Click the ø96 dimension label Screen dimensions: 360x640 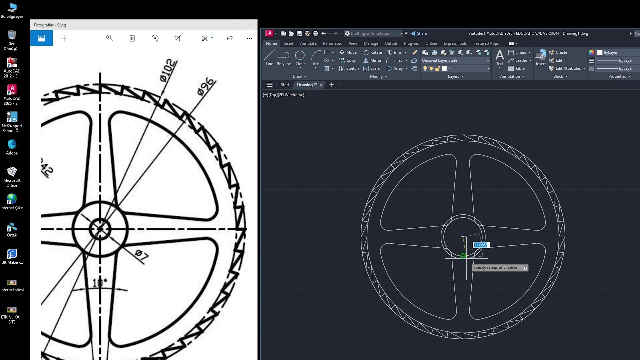click(x=206, y=86)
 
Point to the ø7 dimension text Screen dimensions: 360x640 click(x=141, y=255)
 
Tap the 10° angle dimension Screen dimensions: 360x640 click(x=99, y=283)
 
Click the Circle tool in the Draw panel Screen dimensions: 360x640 click(x=300, y=57)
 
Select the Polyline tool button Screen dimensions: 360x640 click(x=284, y=57)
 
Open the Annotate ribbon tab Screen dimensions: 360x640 click(x=308, y=43)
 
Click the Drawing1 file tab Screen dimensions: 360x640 click(x=306, y=85)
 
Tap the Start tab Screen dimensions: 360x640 click(x=285, y=85)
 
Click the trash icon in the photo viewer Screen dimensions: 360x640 click(x=132, y=38)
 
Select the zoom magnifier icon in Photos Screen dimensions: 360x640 click(x=110, y=38)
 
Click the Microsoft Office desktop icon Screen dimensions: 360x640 click(x=12, y=176)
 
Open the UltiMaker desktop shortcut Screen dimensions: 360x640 click(x=12, y=257)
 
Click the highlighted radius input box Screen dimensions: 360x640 click(x=481, y=245)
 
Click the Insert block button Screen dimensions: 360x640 click(x=541, y=57)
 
